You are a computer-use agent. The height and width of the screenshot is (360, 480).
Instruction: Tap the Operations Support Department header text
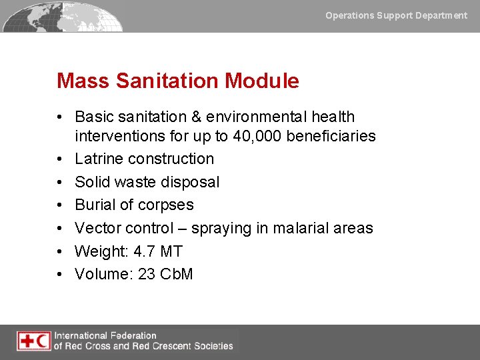(x=396, y=15)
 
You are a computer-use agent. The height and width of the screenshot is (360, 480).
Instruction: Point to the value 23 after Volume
(x=146, y=274)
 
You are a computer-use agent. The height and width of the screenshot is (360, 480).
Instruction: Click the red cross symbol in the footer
(x=27, y=341)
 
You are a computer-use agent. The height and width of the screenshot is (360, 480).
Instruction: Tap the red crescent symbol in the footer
(x=43, y=341)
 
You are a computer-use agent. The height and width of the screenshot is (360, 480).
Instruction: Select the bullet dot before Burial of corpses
(x=61, y=205)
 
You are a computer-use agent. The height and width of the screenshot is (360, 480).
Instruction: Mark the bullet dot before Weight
(x=61, y=251)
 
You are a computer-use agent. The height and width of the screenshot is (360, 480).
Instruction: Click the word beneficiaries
(x=331, y=137)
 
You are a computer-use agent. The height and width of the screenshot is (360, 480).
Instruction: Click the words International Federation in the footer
(x=105, y=335)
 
